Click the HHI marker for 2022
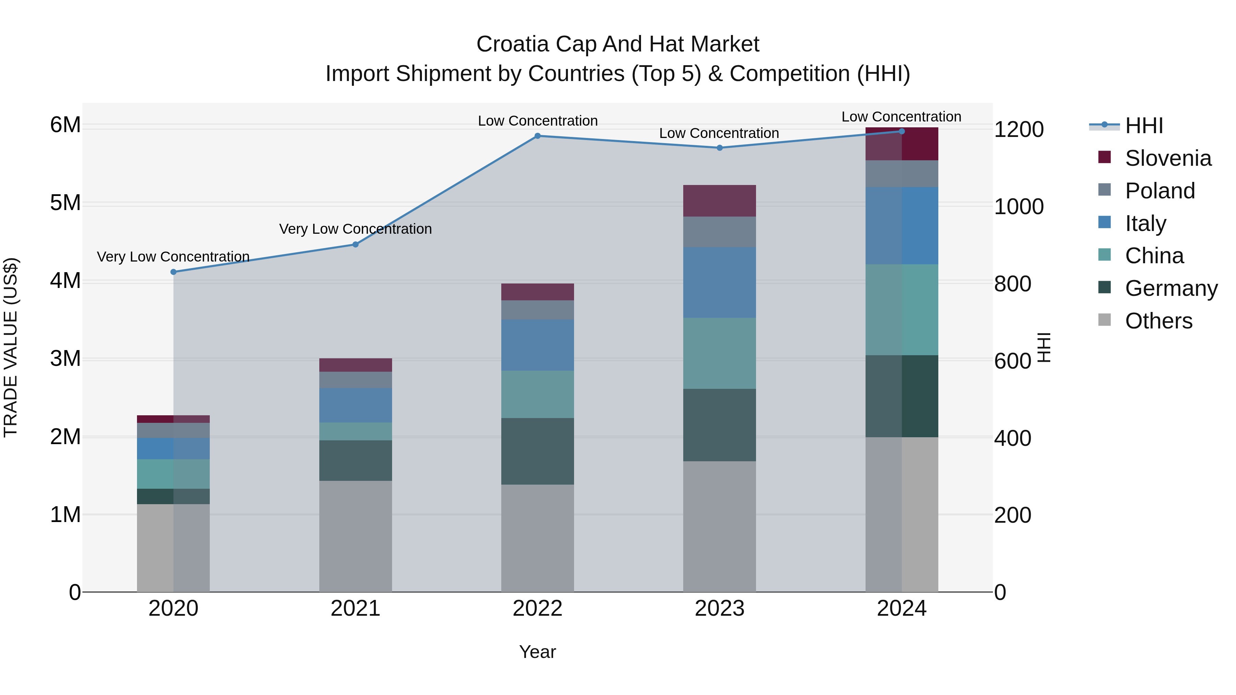[x=537, y=136]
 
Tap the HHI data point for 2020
[x=174, y=272]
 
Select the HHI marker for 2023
[x=719, y=148]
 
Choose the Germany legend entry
[x=1171, y=288]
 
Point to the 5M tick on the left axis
[x=66, y=203]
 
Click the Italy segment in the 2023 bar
[x=719, y=282]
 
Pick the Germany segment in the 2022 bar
[x=537, y=451]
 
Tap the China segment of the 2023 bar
[x=719, y=353]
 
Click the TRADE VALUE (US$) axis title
[x=11, y=347]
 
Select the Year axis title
[x=537, y=652]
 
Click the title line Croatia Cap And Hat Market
[x=618, y=44]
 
